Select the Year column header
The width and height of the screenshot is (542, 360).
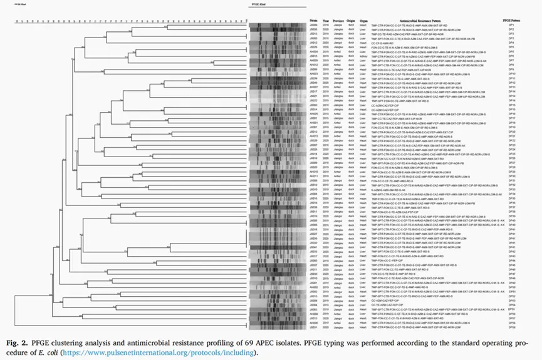pyautogui.click(x=324, y=19)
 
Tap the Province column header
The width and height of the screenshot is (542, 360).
pyautogui.click(x=339, y=19)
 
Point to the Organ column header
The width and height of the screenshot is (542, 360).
pyautogui.click(x=364, y=19)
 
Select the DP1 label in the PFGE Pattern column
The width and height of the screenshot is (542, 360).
pyautogui.click(x=511, y=24)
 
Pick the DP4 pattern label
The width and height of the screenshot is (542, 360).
pyautogui.click(x=511, y=43)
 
